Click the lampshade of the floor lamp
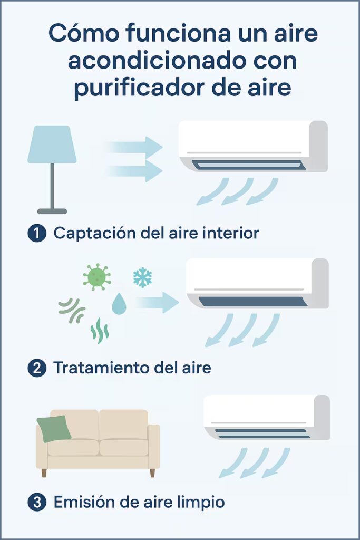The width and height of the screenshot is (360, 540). pos(52,144)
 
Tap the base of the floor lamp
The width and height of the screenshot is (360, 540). pos(52,211)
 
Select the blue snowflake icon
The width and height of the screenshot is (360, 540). pos(142,277)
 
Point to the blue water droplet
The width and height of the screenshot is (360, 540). pos(119,304)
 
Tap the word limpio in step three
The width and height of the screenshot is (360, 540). pos(199,503)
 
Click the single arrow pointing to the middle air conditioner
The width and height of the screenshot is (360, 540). pos(157,302)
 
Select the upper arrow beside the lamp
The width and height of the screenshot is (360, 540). pos(134,147)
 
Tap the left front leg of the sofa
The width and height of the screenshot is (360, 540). pos(44,472)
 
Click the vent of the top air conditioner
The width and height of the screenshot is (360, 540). pos(248,165)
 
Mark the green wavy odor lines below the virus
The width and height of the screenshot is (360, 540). pos(99,331)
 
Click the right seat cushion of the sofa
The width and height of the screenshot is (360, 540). pos(124,448)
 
